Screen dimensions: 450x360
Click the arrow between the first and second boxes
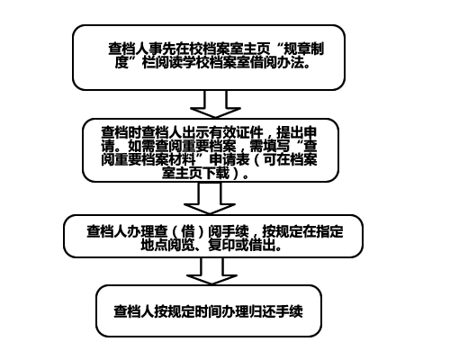[215, 103]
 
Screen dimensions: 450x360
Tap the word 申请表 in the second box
[229, 159]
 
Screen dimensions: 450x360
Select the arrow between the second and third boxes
[210, 198]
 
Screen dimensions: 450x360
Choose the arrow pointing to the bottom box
[211, 271]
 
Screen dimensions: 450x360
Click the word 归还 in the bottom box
[262, 311]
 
